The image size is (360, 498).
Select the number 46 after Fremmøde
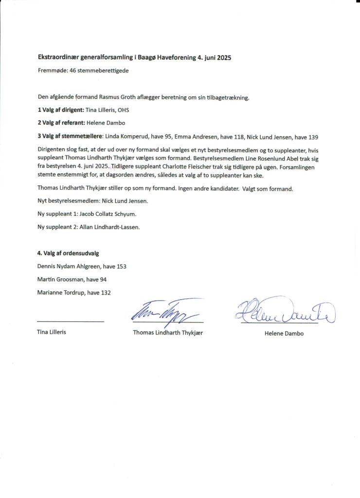pyautogui.click(x=75, y=71)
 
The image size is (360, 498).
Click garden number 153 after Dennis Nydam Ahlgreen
pyautogui.click(x=121, y=267)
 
